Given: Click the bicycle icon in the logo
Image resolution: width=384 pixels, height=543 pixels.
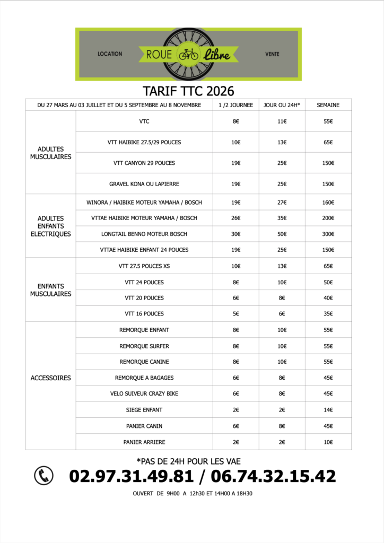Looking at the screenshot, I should click(x=188, y=54).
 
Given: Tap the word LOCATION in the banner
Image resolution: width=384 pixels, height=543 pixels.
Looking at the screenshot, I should click(x=110, y=54).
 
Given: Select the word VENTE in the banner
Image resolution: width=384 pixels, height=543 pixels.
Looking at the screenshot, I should click(x=272, y=54).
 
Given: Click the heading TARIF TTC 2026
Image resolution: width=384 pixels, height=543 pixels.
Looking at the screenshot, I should click(x=188, y=91).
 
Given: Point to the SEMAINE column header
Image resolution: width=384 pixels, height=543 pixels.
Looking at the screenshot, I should click(x=328, y=105).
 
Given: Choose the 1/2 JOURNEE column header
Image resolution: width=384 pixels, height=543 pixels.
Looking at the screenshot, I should click(x=235, y=105).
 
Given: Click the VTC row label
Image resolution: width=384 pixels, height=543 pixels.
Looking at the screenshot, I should click(x=144, y=121).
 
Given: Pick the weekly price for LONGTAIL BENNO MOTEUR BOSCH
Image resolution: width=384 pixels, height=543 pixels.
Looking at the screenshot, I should click(x=328, y=234).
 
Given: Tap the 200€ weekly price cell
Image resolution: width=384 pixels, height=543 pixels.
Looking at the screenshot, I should click(x=328, y=218).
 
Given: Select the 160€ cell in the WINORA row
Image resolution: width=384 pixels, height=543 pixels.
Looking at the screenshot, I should click(x=328, y=202).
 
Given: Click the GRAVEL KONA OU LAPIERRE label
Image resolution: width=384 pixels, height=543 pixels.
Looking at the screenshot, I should click(x=144, y=184).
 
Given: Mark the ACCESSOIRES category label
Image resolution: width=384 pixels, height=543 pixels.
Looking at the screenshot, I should click(x=51, y=378).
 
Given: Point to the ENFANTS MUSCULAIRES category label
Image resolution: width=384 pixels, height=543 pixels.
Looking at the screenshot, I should click(x=51, y=290).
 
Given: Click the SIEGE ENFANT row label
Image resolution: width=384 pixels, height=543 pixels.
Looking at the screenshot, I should click(x=144, y=410).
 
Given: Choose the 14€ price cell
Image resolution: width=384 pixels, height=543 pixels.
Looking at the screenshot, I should click(x=328, y=410).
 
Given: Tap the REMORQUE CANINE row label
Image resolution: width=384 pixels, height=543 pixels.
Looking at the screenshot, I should click(x=144, y=362).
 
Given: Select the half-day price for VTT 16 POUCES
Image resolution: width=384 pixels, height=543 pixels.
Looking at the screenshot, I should click(x=235, y=313).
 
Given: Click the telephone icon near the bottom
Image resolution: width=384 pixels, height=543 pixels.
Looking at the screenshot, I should click(x=43, y=476).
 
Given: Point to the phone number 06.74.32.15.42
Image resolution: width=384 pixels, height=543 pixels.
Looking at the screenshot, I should click(x=273, y=476).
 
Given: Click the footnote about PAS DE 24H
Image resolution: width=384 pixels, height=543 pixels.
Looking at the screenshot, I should click(x=188, y=461).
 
